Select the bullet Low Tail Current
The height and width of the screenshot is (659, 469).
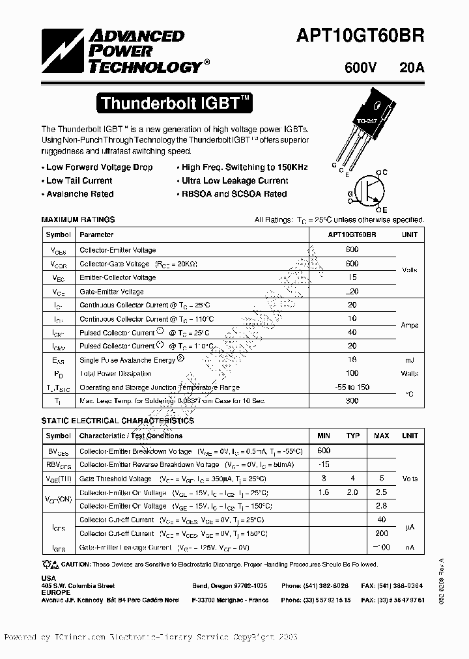[79, 180]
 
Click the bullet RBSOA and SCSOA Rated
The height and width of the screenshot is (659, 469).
[234, 194]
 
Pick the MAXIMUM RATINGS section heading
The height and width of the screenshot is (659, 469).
[78, 219]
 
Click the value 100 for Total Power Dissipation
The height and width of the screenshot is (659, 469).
[352, 374]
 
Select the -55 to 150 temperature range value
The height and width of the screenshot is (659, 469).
[352, 387]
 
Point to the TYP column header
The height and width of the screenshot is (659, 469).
[352, 436]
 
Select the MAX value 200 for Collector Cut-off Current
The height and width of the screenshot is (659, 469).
[382, 533]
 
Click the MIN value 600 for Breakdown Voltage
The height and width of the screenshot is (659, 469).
[324, 451]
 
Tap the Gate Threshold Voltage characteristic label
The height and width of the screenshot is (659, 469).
[115, 479]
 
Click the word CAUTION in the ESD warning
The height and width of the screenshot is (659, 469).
[79, 565]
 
